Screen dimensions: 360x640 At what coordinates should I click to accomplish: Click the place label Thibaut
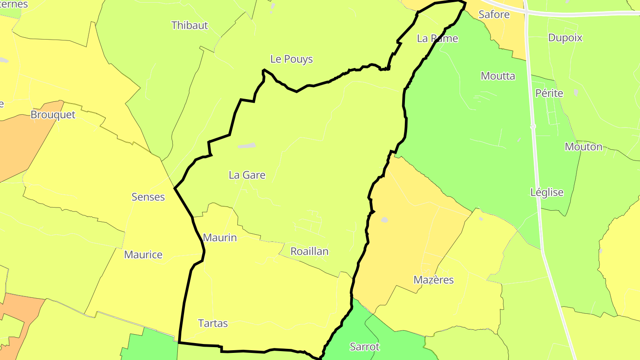click(x=190, y=25)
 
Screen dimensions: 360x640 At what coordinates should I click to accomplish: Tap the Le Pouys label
click(x=292, y=59)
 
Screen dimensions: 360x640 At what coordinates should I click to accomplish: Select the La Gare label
click(x=247, y=175)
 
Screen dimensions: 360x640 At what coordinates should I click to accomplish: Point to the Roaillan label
click(x=309, y=252)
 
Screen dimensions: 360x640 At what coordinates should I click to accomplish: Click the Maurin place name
click(x=220, y=238)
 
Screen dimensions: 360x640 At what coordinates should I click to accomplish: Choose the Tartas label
click(x=213, y=323)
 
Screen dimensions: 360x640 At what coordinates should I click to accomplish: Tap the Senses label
click(x=148, y=197)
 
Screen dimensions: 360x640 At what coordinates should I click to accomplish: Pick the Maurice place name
click(x=143, y=255)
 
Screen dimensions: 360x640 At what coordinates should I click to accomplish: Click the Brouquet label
click(x=53, y=115)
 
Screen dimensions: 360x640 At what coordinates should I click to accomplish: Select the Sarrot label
click(x=365, y=347)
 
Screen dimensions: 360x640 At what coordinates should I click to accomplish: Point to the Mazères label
click(x=433, y=280)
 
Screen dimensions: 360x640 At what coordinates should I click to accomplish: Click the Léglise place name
click(x=547, y=192)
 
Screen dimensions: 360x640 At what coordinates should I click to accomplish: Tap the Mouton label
click(x=584, y=147)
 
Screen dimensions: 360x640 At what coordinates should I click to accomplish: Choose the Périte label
click(x=549, y=93)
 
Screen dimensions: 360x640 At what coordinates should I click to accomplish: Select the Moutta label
click(x=498, y=76)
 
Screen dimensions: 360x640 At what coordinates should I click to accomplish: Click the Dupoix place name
click(x=565, y=38)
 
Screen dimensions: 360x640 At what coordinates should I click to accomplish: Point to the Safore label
click(x=494, y=14)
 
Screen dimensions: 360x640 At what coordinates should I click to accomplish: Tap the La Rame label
click(x=437, y=39)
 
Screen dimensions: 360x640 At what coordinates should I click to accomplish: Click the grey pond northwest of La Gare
click(x=247, y=145)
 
